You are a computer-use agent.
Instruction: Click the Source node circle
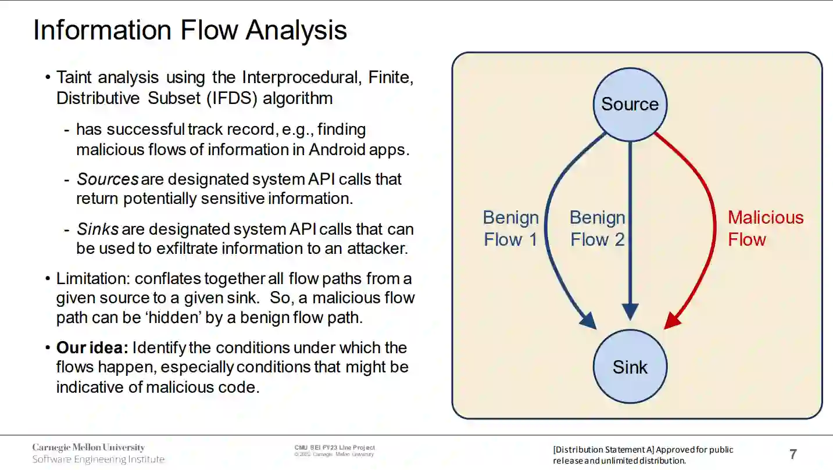point(630,105)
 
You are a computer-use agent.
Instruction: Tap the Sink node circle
point(630,367)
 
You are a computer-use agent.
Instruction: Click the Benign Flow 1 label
point(510,228)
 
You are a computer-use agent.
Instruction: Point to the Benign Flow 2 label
point(597,228)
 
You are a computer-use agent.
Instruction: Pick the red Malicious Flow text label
point(765,228)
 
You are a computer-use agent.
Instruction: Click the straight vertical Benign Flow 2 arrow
point(630,232)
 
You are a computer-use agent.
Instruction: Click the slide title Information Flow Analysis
point(190,30)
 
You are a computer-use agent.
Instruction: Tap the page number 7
point(793,454)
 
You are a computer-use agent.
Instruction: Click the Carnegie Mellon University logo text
point(88,447)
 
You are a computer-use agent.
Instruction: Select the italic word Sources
point(108,179)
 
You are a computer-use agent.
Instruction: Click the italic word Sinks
point(98,229)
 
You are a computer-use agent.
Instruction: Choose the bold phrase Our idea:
point(92,348)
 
